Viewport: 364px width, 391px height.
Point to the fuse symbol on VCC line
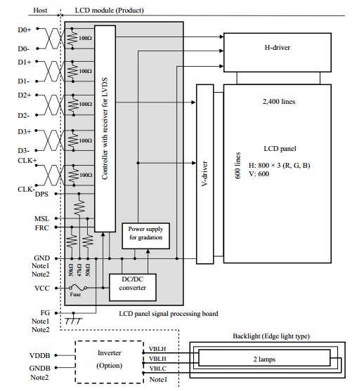click(x=78, y=288)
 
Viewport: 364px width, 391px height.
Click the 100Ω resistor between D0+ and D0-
click(x=72, y=39)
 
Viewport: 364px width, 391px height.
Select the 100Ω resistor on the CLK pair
click(x=74, y=175)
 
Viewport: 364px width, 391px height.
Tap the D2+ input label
click(x=24, y=95)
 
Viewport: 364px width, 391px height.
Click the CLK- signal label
click(x=26, y=190)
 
